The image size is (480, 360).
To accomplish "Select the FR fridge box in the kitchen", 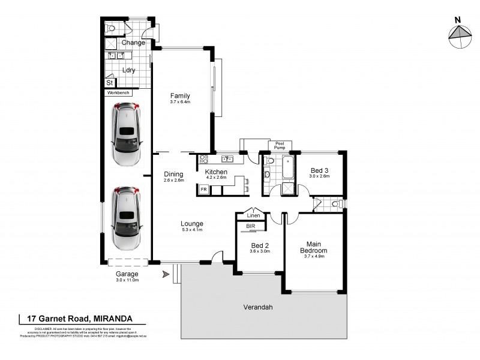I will click(204, 190).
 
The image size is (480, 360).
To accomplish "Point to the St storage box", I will click(109, 83).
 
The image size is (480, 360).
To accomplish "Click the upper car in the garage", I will click(126, 135).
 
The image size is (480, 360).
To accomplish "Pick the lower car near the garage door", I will click(126, 218).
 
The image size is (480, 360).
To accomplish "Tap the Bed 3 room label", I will click(319, 170).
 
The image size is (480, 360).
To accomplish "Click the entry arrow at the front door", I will click(166, 275).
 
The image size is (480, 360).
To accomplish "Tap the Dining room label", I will click(173, 174).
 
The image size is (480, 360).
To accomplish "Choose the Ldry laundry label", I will click(128, 70).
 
